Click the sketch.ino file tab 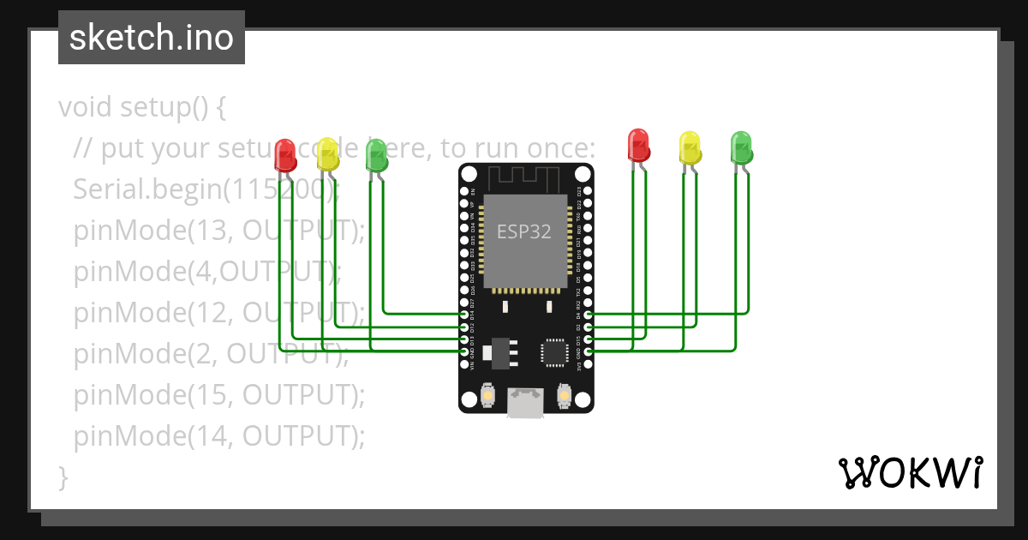click(152, 38)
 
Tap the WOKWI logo click(909, 472)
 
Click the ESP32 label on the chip click(524, 231)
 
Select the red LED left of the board click(285, 155)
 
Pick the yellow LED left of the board click(327, 153)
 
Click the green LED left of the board click(376, 154)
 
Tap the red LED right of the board click(639, 145)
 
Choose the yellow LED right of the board click(690, 147)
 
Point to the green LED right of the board click(741, 147)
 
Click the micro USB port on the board click(525, 402)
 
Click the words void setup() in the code click(141, 108)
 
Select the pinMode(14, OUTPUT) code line click(218, 436)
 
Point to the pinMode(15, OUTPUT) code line click(218, 395)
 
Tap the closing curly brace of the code click(63, 477)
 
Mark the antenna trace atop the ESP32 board click(524, 178)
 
